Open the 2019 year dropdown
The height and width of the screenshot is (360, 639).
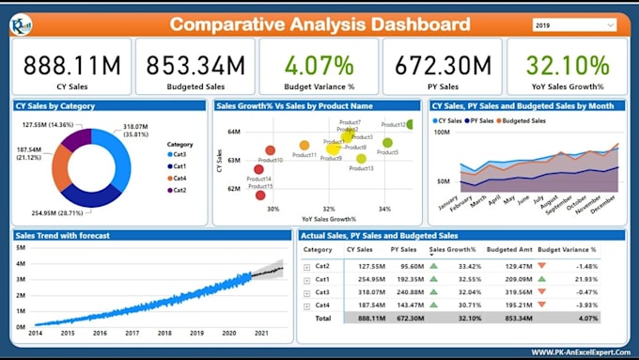click(576, 24)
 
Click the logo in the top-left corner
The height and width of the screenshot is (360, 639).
click(21, 24)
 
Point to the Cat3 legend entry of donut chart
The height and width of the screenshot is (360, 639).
click(178, 154)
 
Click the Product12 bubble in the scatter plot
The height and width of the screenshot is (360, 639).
click(411, 124)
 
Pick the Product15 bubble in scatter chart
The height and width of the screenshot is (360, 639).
click(259, 195)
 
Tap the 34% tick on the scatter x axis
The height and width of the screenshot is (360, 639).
click(384, 209)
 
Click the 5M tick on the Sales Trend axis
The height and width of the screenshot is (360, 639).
click(20, 246)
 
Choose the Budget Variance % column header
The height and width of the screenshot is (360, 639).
click(567, 250)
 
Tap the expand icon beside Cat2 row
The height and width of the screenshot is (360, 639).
click(306, 267)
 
